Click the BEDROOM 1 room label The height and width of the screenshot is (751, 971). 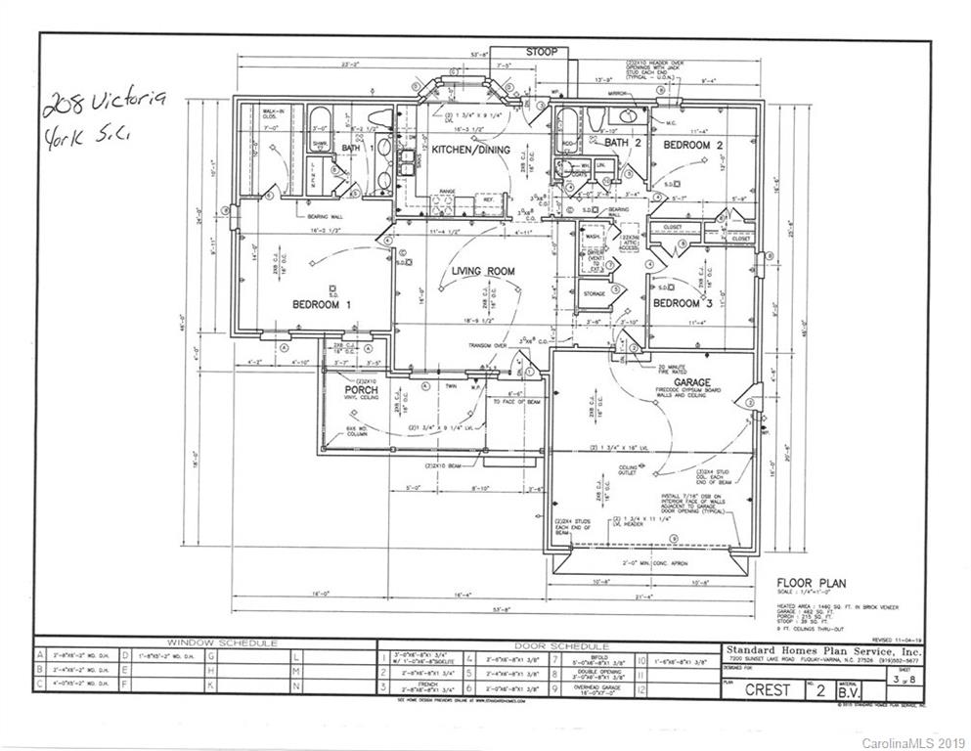(x=322, y=305)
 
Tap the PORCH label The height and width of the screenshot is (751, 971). (x=361, y=391)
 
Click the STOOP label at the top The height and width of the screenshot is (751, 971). (x=541, y=51)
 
